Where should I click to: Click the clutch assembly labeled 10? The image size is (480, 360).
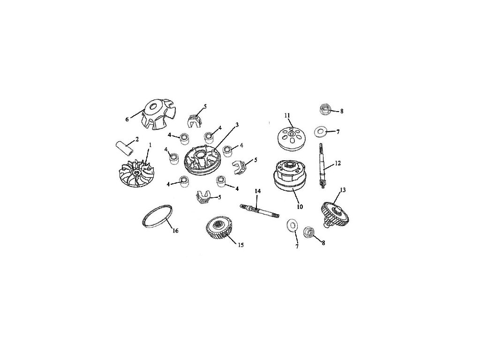tap(289, 177)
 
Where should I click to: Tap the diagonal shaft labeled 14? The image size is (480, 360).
tap(260, 211)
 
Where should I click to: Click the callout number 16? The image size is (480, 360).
tap(175, 231)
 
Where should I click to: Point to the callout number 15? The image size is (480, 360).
tap(241, 245)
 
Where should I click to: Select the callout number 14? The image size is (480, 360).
tap(258, 191)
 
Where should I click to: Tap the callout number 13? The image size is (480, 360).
tap(343, 190)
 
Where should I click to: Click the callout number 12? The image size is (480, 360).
tap(337, 163)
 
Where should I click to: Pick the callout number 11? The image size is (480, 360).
tap(287, 115)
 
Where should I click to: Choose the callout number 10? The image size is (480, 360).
tap(300, 207)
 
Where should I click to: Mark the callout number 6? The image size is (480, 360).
tap(127, 120)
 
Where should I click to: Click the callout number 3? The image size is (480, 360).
tap(237, 125)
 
